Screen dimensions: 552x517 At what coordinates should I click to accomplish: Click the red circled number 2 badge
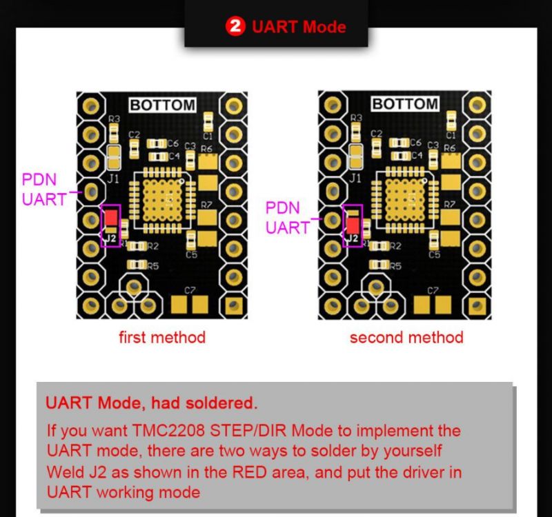coord(235,26)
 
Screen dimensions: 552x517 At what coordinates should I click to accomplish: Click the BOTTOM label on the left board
coord(162,105)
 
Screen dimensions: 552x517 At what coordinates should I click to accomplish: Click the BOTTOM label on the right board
coord(405,104)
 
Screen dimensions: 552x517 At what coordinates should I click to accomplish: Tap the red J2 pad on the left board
coord(111,217)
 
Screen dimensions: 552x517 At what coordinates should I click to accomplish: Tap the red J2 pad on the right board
coord(353,225)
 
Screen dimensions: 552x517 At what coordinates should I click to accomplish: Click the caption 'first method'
coord(162,337)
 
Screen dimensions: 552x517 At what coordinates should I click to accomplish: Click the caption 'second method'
coord(406,337)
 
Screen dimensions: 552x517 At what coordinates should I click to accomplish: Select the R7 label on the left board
coord(206,204)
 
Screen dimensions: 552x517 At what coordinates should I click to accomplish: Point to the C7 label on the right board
coord(433,290)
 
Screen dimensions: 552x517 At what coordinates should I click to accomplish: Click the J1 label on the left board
coord(112,179)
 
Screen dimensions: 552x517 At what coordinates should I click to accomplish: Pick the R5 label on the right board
coord(396,266)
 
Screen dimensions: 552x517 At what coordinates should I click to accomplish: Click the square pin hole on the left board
coord(233,305)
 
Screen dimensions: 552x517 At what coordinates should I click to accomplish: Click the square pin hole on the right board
coord(476,305)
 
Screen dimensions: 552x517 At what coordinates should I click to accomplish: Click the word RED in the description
coord(250,472)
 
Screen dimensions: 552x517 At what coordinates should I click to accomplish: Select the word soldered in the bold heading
coord(221,403)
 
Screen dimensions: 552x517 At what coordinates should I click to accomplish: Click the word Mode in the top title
coord(324,27)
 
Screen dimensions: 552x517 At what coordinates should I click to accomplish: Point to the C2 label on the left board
coord(134,134)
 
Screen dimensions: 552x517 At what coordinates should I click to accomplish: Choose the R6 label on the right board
coord(450,148)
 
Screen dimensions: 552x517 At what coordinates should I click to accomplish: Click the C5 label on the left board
coord(192,254)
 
